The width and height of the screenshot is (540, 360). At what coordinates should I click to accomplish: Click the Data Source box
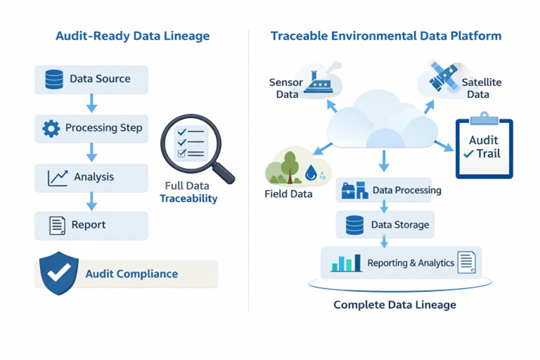point(91,79)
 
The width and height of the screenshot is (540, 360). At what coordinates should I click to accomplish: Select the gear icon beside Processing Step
point(51,129)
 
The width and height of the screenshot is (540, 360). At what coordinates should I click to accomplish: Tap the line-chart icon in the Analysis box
point(57,177)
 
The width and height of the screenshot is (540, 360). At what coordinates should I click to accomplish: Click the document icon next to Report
point(57,225)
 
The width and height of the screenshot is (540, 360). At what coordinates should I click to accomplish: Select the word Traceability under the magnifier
point(188,198)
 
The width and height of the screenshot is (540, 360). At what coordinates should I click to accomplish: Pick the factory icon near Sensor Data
point(317,82)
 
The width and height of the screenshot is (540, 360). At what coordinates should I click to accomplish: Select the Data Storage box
point(386,225)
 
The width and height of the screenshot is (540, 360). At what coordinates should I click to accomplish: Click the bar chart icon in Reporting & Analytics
point(346,264)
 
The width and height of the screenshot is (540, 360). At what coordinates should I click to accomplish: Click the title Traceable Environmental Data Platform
point(386,36)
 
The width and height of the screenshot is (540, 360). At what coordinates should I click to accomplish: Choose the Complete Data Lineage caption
point(395,305)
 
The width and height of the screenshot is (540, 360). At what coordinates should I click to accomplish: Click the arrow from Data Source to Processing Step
point(91,104)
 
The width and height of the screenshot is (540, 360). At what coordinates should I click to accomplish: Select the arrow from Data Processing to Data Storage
point(383,206)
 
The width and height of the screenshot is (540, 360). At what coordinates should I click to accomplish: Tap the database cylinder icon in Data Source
point(54,79)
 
